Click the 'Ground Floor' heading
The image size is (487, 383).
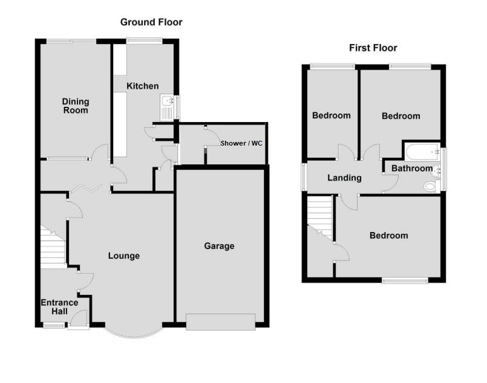tap(151, 22)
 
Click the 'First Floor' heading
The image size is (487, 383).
tap(373, 48)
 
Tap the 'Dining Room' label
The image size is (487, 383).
tap(76, 106)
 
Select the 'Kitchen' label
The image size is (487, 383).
tap(142, 86)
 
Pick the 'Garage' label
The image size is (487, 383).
tap(219, 246)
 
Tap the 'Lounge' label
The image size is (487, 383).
tap(124, 256)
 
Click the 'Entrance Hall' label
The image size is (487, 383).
tap(59, 307)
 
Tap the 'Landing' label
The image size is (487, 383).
tap(344, 178)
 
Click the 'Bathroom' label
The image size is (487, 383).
tap(412, 169)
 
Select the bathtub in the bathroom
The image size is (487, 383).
tap(422, 152)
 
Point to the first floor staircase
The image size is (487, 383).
tap(320, 216)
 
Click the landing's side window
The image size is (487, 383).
tap(304, 178)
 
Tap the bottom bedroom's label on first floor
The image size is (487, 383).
tap(389, 236)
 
